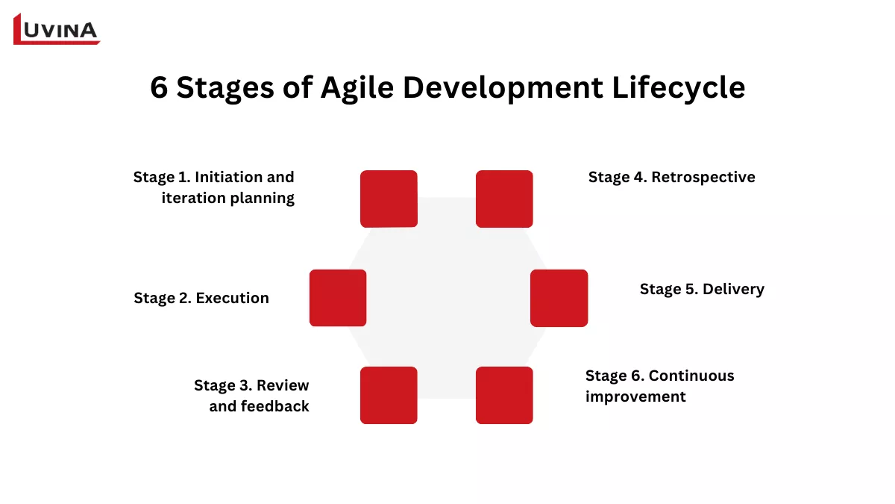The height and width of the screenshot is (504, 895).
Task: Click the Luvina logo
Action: [57, 29]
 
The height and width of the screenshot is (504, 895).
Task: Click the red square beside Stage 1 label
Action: [389, 199]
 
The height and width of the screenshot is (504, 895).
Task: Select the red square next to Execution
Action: [338, 298]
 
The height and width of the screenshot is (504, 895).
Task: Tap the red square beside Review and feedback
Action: [389, 396]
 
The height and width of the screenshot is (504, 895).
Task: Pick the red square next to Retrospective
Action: [504, 199]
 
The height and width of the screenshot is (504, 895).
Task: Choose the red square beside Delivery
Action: [559, 298]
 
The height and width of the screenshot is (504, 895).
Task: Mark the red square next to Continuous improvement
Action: [504, 396]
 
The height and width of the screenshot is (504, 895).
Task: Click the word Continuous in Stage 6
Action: [691, 376]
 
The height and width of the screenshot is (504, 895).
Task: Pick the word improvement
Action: [635, 396]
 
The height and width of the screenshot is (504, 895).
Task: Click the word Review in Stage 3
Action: [283, 385]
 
